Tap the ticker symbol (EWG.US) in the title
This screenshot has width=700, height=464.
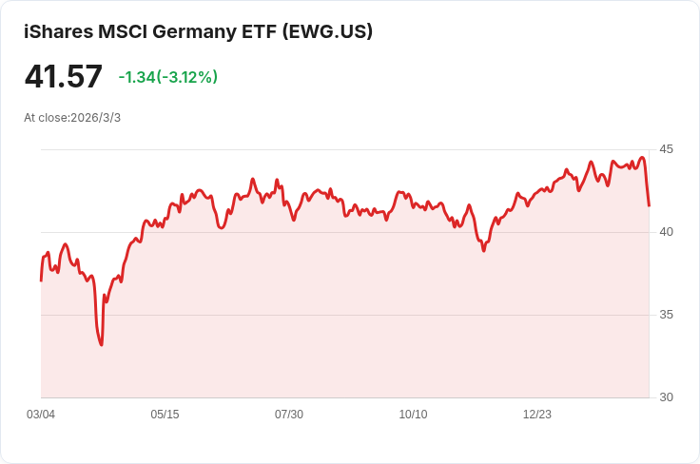(327, 31)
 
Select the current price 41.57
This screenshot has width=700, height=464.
(63, 76)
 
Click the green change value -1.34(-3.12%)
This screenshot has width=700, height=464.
(167, 77)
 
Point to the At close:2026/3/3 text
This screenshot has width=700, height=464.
(72, 118)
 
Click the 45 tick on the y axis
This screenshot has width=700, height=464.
(666, 149)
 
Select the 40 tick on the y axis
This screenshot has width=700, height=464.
(666, 232)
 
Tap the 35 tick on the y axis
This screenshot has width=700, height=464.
(666, 315)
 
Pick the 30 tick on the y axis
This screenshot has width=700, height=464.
(666, 397)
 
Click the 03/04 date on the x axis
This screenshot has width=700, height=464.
(41, 415)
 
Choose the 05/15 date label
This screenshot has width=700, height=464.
(165, 415)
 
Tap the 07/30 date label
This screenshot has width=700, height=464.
(289, 415)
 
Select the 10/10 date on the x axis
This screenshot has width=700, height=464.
(413, 415)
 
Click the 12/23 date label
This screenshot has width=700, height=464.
(537, 415)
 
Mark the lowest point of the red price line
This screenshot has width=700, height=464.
(101, 344)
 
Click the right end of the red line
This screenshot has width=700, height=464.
(649, 205)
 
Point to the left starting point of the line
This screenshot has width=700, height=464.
(41, 280)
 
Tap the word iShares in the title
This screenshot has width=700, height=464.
(58, 31)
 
